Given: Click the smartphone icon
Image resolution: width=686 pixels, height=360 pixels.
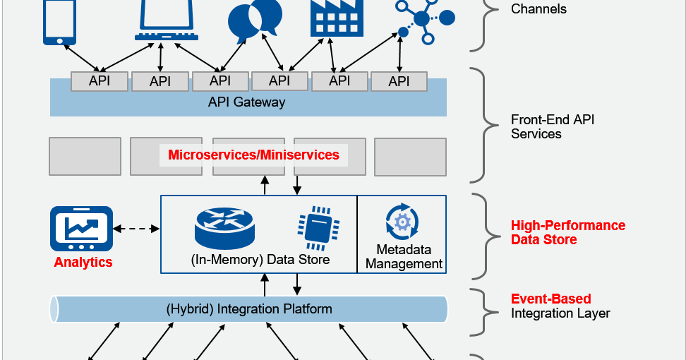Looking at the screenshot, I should [59, 21].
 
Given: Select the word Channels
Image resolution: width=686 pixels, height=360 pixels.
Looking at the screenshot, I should [538, 9].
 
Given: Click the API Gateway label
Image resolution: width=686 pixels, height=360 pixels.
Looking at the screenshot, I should [247, 102].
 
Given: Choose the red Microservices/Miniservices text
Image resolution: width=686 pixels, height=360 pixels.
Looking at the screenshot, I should [253, 155].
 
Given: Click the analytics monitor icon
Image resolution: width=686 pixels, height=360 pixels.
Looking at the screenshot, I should [82, 229].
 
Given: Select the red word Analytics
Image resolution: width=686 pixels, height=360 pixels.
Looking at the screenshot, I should [83, 263].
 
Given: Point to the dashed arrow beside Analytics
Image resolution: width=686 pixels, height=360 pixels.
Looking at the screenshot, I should [136, 229].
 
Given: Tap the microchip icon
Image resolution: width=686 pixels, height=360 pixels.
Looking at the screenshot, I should [314, 226].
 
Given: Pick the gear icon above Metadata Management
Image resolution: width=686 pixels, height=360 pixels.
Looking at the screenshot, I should [402, 222].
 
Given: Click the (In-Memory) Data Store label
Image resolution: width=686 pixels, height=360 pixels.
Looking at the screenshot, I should [260, 259].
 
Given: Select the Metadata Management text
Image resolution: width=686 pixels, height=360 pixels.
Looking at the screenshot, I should [404, 257].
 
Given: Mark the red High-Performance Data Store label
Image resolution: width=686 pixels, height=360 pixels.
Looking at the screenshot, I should [568, 232].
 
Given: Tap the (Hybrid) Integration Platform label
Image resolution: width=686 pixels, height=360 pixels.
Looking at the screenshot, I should [249, 309].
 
